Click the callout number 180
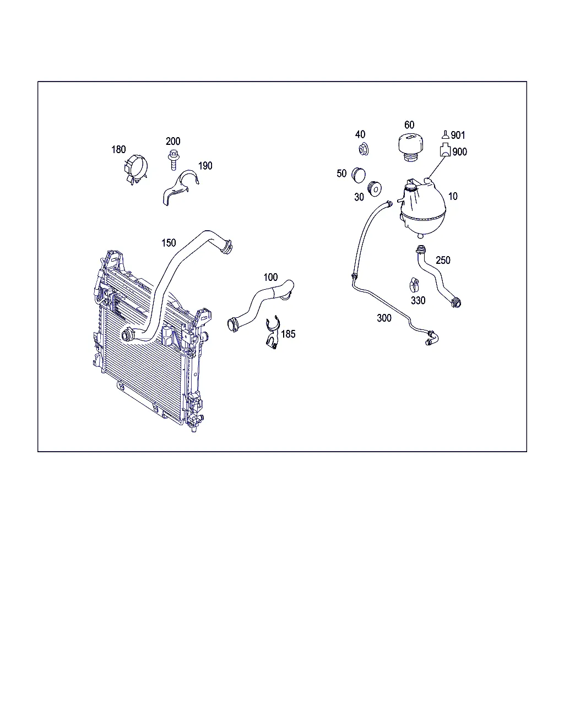coord(118,150)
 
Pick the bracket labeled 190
coord(180,187)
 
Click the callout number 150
coord(169,243)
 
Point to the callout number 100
coord(270,277)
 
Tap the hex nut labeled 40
coord(363,149)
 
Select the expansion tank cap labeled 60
coord(410,147)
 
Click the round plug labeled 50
coord(359,175)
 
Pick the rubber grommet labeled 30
coord(374,188)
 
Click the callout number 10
coord(453,196)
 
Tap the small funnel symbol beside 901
coord(445,134)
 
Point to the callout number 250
coord(443,260)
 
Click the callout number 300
coord(384,318)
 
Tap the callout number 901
coord(458,135)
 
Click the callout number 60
coord(409,125)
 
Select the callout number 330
coord(418,300)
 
